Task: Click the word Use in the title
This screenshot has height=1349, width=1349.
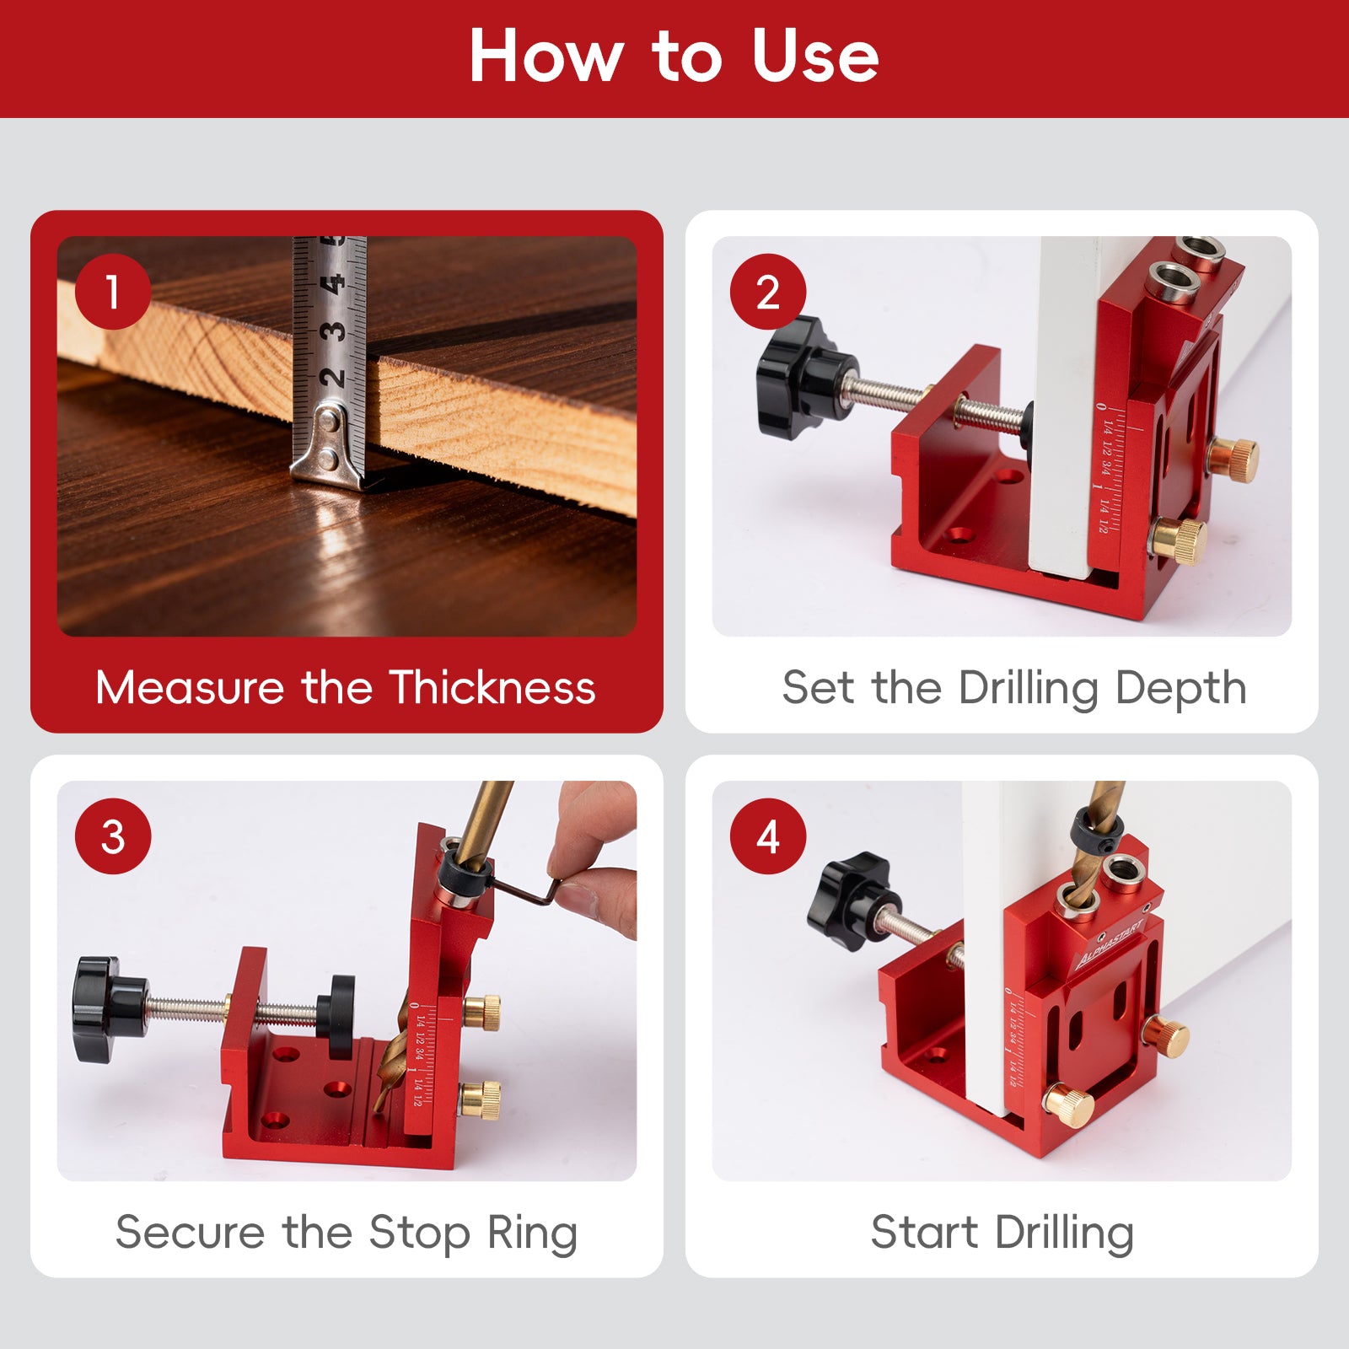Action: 814,56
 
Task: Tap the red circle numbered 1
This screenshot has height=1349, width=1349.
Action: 113,292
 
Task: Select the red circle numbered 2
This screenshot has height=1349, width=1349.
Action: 767,292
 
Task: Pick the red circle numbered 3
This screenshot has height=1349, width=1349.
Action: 113,836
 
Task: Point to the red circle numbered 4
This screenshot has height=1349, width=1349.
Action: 767,836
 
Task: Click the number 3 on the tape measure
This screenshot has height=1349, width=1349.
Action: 335,331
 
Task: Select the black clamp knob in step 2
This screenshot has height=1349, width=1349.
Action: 797,377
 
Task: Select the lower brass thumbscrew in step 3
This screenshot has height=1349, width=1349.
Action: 481,1100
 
